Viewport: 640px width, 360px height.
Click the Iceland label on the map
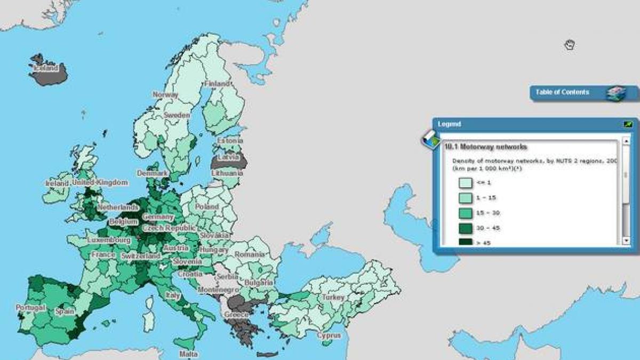[45, 68]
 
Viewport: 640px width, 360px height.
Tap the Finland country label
[217, 84]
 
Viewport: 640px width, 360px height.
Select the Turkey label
[333, 297]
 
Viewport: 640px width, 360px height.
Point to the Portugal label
[30, 308]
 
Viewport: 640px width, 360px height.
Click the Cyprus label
[329, 335]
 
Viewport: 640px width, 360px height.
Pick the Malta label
[189, 354]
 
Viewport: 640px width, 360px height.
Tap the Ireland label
[57, 183]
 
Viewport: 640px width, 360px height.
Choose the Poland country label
[206, 206]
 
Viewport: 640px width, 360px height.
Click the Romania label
[249, 255]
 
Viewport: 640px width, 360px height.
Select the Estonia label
[230, 141]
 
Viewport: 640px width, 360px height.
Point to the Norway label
[165, 94]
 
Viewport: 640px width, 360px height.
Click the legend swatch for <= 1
[465, 183]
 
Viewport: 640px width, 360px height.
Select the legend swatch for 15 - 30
[465, 213]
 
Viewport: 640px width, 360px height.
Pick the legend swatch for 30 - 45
[465, 228]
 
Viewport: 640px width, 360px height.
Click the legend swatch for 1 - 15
[465, 198]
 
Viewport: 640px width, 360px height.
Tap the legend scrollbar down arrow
[626, 241]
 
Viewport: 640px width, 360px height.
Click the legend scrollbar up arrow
[626, 142]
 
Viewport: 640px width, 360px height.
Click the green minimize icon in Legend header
[628, 124]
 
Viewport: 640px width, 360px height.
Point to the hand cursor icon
[569, 45]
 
